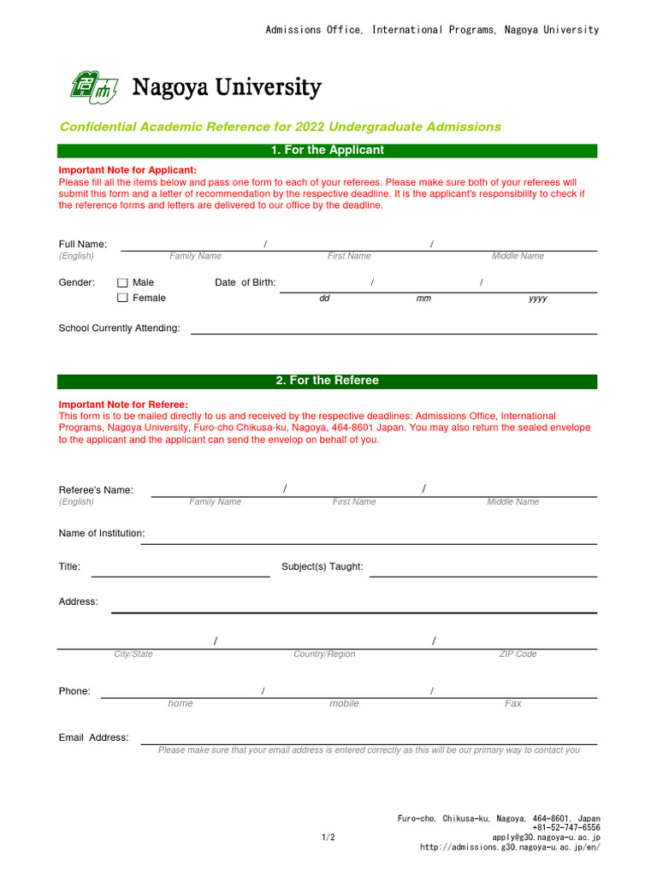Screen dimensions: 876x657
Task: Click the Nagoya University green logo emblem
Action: [x=92, y=87]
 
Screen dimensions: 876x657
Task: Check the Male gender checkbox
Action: [x=122, y=283]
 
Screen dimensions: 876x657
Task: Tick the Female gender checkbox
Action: [x=122, y=299]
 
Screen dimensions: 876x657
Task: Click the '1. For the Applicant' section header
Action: [x=327, y=151]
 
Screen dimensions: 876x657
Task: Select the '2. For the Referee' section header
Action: [x=327, y=381]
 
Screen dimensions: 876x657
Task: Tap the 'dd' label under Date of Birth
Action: [x=324, y=299]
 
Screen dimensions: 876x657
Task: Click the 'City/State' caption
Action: [x=133, y=654]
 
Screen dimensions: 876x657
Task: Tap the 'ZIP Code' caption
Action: [x=518, y=654]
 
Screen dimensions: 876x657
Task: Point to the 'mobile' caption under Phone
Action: [x=344, y=704]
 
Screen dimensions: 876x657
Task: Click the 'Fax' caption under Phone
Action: [x=513, y=704]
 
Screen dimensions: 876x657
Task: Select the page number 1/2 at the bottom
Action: [x=328, y=838]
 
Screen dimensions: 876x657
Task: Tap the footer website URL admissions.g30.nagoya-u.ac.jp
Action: [x=510, y=848]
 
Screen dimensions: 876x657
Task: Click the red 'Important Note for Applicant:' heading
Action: [x=127, y=170]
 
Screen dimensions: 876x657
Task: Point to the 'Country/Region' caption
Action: [x=324, y=654]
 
